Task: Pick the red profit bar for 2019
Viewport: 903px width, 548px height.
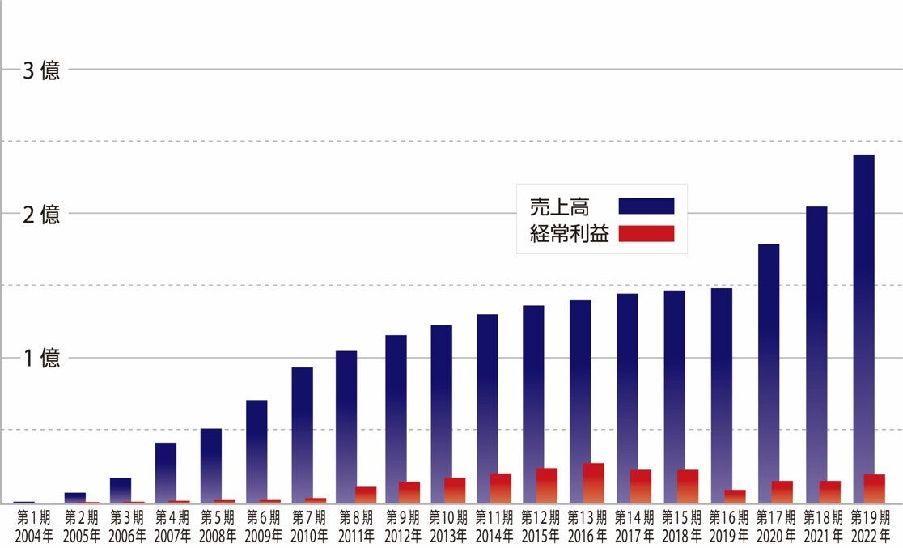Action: (735, 496)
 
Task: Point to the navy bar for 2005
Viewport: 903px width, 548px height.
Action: (75, 498)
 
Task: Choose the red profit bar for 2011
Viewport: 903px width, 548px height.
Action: (366, 495)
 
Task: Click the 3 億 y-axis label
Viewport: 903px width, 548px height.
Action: (41, 70)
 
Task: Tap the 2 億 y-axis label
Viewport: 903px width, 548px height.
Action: (41, 215)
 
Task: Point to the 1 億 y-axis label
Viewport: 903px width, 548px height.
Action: (41, 359)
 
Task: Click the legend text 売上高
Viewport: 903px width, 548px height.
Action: (565, 206)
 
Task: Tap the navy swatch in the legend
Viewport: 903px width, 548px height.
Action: (646, 206)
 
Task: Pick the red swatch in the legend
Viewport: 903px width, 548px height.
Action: (646, 234)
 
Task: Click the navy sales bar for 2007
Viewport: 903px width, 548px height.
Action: (166, 472)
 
